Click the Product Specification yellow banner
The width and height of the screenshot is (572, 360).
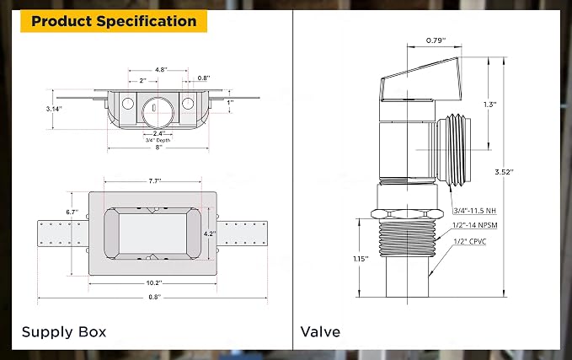[114, 21]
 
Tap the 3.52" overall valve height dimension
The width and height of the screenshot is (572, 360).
[504, 172]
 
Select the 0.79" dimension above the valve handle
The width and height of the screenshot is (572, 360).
[436, 40]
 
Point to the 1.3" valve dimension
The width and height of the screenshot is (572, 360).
[490, 105]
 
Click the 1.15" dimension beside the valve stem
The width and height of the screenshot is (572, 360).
[361, 259]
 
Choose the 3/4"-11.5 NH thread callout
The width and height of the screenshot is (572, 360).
[474, 211]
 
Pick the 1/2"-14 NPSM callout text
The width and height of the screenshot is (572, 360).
[475, 225]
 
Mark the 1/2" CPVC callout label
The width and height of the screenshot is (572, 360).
[470, 241]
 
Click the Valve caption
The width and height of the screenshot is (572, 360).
[320, 331]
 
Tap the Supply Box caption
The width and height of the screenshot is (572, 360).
[64, 332]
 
